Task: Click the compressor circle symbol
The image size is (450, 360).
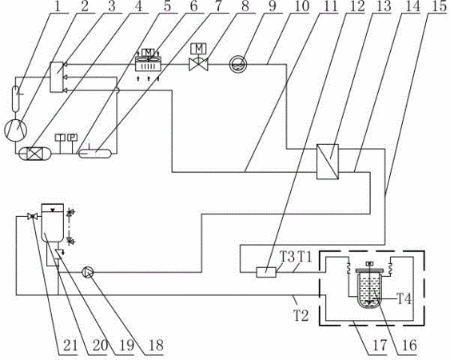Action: pos(16,130)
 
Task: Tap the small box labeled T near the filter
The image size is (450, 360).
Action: pos(60,138)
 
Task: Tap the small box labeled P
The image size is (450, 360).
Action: pos(72,138)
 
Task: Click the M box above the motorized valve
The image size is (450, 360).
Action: pos(198,48)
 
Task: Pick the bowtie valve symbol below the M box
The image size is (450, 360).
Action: pos(198,64)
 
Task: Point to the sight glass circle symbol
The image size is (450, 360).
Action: pos(238,64)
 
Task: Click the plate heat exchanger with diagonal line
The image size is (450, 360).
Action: pos(328,162)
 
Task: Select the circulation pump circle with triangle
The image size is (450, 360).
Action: pos(88,272)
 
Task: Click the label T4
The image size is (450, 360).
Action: pos(404,299)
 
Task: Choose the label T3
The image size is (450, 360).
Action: pos(287,257)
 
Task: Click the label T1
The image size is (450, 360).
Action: pos(305,257)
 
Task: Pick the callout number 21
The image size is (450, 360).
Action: pos(70,345)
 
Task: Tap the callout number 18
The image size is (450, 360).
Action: pos(156,345)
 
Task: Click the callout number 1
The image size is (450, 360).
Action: pos(58,6)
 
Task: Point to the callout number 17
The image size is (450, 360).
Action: pos(380,345)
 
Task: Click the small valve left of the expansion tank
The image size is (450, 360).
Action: pos(33,216)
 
